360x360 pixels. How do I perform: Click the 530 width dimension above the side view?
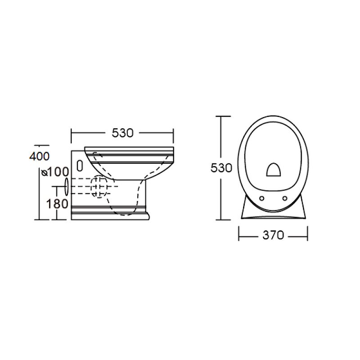(122, 133)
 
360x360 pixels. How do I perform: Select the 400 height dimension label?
(40, 156)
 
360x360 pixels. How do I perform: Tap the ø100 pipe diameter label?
(55, 172)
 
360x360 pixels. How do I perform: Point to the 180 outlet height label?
(57, 204)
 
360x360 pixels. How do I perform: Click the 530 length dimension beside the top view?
(221, 168)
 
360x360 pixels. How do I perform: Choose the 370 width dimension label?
(273, 235)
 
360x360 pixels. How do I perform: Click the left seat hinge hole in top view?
(261, 198)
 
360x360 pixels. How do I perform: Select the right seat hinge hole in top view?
(285, 198)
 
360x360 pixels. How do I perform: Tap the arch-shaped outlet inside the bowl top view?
(273, 170)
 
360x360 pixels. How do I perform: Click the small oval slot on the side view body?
(80, 166)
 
